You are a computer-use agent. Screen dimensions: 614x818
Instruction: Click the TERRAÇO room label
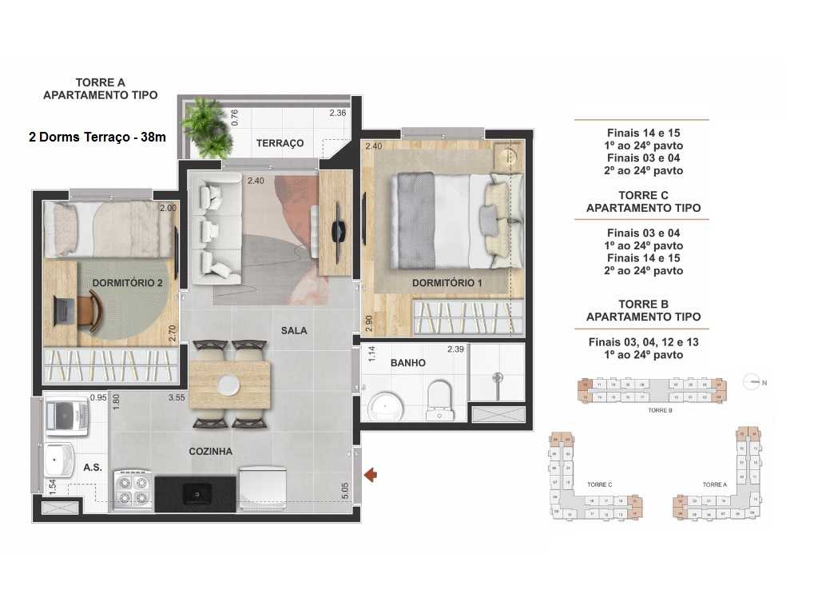280,143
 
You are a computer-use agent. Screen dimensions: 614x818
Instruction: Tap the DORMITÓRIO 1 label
447,283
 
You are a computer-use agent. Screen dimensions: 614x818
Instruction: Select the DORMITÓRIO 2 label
127,282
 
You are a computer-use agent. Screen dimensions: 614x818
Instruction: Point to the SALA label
294,330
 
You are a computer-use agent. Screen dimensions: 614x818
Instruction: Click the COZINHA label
211,451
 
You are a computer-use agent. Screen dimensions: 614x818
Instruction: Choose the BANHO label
407,363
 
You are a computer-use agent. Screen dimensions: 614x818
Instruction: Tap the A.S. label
92,467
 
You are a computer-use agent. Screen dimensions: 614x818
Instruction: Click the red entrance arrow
370,476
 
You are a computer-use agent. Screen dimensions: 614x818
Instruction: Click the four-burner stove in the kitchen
133,490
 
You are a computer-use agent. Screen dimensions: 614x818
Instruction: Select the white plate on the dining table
230,385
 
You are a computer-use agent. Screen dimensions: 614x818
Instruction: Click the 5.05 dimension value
345,489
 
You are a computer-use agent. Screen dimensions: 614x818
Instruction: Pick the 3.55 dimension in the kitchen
177,397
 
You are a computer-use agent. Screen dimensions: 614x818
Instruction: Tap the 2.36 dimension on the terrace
338,113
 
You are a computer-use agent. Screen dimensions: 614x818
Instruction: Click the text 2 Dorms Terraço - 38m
97,137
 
